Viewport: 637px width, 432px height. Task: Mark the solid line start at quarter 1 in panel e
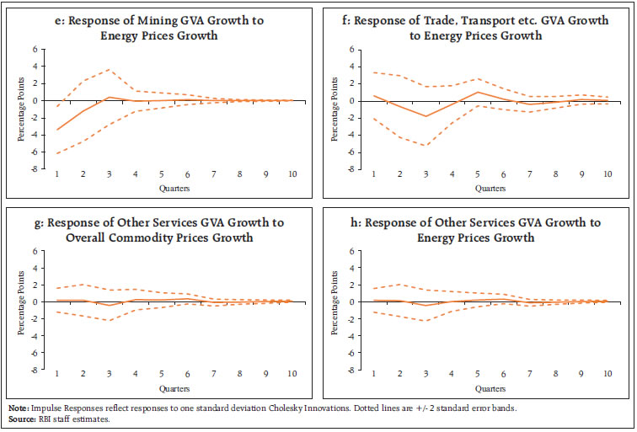click(x=58, y=130)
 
